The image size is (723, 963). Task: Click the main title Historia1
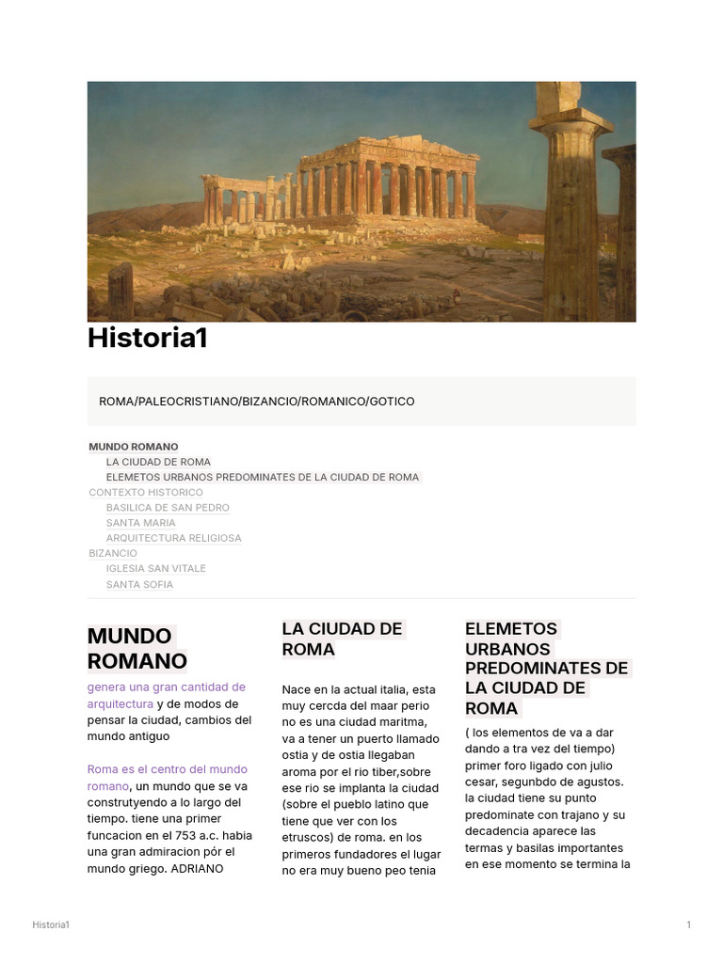pyautogui.click(x=147, y=339)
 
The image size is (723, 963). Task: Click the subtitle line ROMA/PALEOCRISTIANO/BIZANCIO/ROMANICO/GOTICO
pyautogui.click(x=256, y=402)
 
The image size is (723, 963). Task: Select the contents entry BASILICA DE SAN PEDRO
pyautogui.click(x=168, y=508)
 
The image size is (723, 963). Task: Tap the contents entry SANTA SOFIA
pyautogui.click(x=139, y=584)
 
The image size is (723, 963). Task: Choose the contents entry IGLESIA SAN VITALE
pyautogui.click(x=155, y=568)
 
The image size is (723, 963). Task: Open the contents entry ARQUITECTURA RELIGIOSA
pyautogui.click(x=173, y=538)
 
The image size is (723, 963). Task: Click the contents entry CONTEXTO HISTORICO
pyautogui.click(x=146, y=492)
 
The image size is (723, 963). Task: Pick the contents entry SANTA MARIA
pyautogui.click(x=140, y=523)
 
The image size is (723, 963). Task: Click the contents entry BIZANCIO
pyautogui.click(x=113, y=553)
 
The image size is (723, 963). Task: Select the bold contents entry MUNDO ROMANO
pyautogui.click(x=133, y=447)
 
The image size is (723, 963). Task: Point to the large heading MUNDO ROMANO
pyautogui.click(x=137, y=648)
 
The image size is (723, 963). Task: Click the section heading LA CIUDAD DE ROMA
pyautogui.click(x=342, y=639)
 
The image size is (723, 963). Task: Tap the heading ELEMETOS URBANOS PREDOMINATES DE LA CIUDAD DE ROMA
pyautogui.click(x=545, y=668)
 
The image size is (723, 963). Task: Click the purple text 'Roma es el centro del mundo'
pyautogui.click(x=167, y=769)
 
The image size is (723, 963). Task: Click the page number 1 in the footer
pyautogui.click(x=688, y=925)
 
